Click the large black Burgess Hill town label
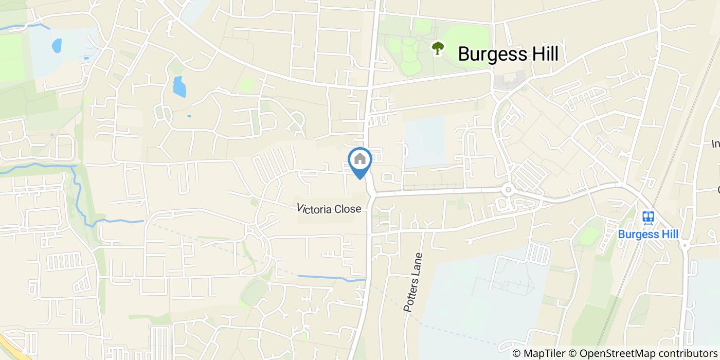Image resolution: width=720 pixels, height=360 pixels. click(508, 53)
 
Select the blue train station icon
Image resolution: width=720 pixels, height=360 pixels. click(648, 218)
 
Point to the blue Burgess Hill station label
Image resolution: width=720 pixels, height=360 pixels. click(648, 235)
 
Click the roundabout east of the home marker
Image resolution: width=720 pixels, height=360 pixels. click(508, 190)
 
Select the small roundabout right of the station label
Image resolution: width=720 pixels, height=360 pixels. click(685, 245)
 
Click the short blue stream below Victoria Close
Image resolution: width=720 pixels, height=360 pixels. click(332, 278)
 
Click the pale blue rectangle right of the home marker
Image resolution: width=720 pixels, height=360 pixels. click(424, 141)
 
